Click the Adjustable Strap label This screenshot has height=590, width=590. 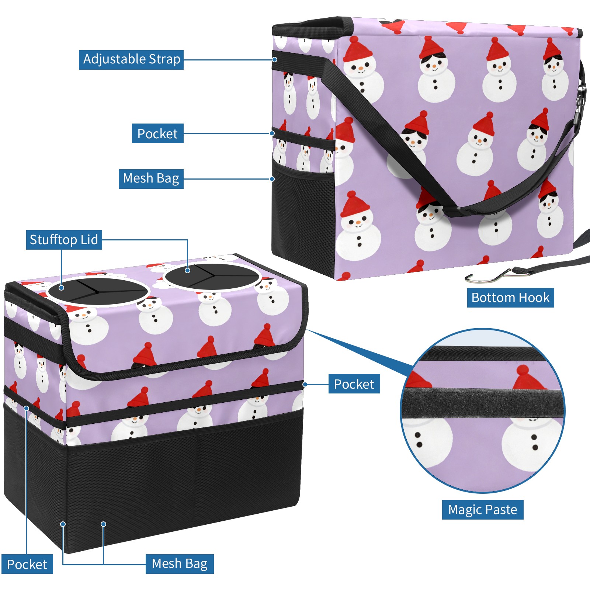point(131,59)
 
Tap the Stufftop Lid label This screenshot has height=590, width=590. point(64,240)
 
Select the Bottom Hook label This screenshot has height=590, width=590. point(510,298)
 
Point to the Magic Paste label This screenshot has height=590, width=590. point(483,510)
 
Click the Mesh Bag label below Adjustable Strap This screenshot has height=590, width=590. point(151,179)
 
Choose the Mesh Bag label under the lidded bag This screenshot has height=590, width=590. point(180,564)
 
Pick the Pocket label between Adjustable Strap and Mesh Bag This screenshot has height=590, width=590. point(157,133)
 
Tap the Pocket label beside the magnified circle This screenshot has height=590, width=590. point(354,384)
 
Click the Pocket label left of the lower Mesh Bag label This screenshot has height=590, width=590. point(27,564)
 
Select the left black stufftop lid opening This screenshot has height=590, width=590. point(98,291)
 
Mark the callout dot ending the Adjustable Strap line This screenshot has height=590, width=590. point(275,59)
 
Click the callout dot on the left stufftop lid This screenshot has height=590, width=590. point(62,288)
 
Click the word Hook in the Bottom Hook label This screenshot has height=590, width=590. point(533,298)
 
